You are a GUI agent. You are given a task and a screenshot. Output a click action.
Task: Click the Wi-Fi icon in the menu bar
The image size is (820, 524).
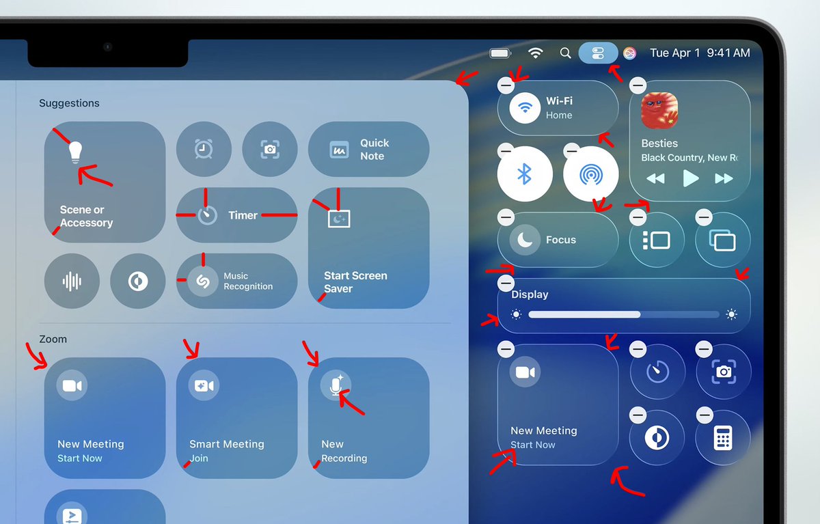click(x=536, y=53)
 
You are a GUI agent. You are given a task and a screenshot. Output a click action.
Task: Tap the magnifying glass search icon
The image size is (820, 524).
click(x=565, y=53)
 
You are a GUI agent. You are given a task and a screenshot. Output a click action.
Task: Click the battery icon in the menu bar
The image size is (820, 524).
click(x=500, y=53)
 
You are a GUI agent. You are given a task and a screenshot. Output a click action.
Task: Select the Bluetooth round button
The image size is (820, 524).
click(x=524, y=174)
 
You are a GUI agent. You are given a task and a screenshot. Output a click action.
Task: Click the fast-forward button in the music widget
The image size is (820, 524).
click(x=724, y=179)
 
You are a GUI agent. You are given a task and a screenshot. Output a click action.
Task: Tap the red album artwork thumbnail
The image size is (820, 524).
click(x=659, y=111)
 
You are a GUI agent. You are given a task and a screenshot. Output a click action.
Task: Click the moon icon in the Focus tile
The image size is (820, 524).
click(x=524, y=240)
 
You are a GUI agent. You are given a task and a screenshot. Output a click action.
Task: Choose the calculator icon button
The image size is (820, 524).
click(x=723, y=437)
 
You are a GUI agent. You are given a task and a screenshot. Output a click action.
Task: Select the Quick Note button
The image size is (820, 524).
click(x=368, y=150)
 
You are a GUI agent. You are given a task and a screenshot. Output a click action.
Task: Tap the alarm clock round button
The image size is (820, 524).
click(x=204, y=149)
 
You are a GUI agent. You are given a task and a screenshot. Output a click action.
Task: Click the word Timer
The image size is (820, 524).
click(x=243, y=215)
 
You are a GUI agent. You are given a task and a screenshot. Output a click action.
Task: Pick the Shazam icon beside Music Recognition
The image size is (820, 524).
click(x=202, y=281)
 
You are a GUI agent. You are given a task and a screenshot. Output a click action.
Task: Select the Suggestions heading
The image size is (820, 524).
click(x=69, y=103)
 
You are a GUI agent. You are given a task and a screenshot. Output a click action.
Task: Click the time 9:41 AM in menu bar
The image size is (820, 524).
click(x=728, y=53)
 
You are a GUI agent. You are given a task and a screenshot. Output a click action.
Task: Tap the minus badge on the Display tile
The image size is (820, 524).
click(x=506, y=283)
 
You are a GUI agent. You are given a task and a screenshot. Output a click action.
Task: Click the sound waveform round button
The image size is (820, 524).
click(x=72, y=281)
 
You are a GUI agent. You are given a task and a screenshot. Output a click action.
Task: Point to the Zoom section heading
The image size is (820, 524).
click(x=53, y=339)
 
